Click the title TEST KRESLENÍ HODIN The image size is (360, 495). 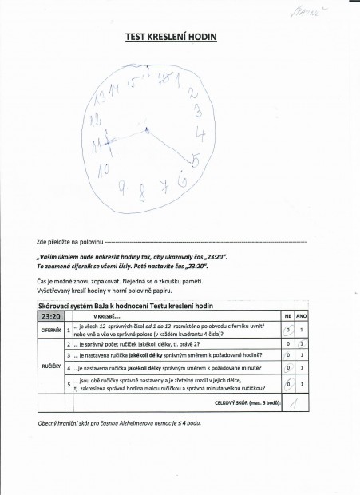(x=172, y=37)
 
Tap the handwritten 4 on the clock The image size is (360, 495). (x=202, y=133)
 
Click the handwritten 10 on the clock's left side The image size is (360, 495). (x=102, y=169)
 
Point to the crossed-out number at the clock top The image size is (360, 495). (x=164, y=78)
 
